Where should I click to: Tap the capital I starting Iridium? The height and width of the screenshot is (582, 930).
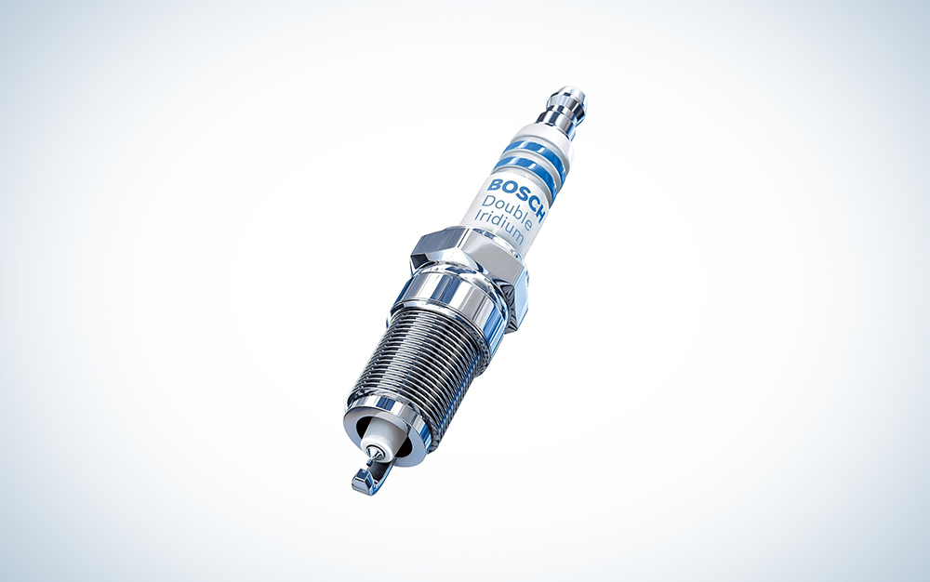click(476, 216)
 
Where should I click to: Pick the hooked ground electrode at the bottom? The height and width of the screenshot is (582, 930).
click(364, 479)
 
